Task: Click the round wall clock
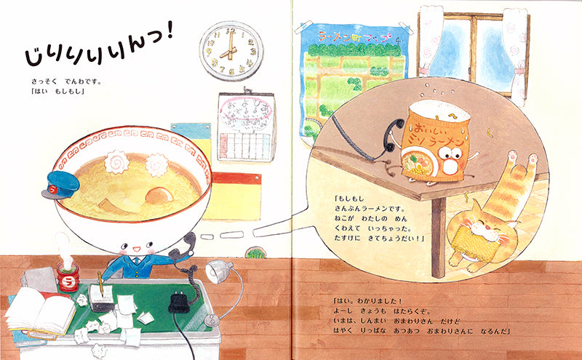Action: tap(231, 49)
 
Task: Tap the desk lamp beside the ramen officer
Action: tap(219, 272)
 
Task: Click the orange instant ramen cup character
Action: tap(436, 141)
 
